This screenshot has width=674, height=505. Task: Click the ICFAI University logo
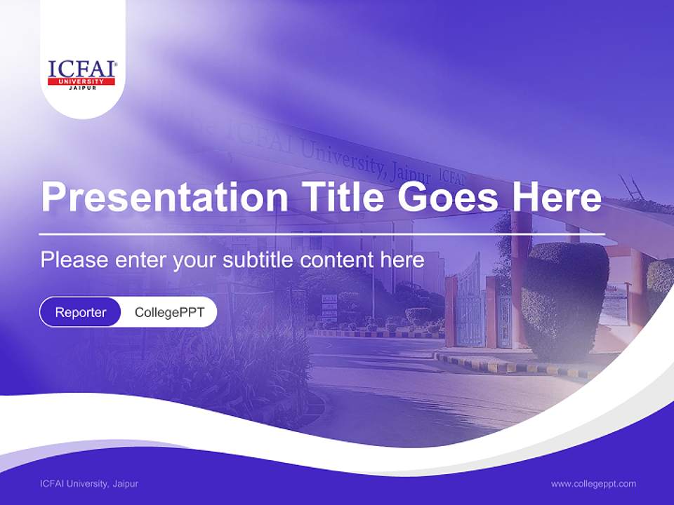[x=82, y=73]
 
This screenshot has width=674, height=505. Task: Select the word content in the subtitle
[x=337, y=260]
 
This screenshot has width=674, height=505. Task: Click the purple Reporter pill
[x=81, y=312]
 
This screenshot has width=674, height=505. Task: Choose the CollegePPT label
[x=169, y=312]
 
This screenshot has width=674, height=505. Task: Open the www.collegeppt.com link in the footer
[x=593, y=483]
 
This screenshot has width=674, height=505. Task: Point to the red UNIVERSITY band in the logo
[x=81, y=81]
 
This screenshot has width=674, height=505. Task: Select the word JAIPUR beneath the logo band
[x=81, y=88]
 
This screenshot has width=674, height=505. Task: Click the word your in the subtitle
[x=197, y=260]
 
